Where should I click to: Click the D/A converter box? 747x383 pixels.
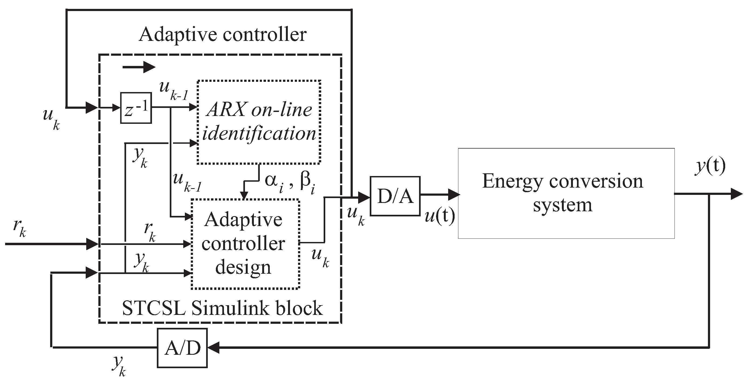pos(395,196)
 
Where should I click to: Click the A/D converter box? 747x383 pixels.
pos(182,348)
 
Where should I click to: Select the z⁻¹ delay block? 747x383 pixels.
pos(136,108)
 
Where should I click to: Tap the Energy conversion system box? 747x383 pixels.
pos(566,194)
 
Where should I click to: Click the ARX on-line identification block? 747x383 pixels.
pos(259,122)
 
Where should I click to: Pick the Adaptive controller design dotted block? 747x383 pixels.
pos(245,244)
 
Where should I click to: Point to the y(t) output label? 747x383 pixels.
pos(710,167)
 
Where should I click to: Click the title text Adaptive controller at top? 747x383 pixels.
pos(222,34)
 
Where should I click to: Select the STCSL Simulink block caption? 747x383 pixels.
pos(222,308)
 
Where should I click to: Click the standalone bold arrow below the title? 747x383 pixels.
pos(139,68)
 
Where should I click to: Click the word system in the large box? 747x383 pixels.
pos(562,205)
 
